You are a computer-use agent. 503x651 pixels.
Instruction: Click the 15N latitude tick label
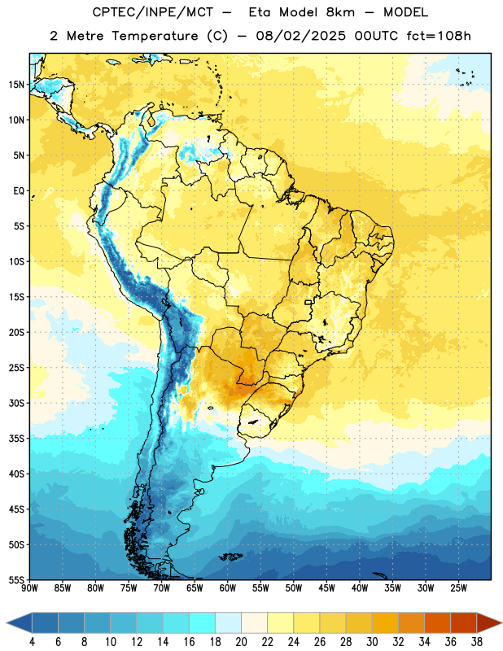pyautogui.click(x=16, y=85)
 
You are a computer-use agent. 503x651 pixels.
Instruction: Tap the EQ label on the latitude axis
pyautogui.click(x=19, y=191)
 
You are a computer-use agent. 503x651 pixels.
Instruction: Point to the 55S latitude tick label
pyautogui.click(x=16, y=579)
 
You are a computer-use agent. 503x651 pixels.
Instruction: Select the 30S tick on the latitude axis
pyautogui.click(x=16, y=403)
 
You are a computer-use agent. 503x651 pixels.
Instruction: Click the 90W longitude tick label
pyautogui.click(x=29, y=588)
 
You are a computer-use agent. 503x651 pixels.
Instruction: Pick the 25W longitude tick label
pyautogui.click(x=458, y=588)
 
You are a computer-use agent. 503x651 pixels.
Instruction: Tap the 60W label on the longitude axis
pyautogui.click(x=228, y=588)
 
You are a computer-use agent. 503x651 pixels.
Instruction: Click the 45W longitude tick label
pyautogui.click(x=327, y=588)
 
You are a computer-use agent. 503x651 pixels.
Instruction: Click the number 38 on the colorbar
pyautogui.click(x=477, y=642)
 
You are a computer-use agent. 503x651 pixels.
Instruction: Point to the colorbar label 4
pyautogui.click(x=32, y=642)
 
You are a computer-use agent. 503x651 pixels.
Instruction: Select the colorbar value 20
pyautogui.click(x=241, y=642)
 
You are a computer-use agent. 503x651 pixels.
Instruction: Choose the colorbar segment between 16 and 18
pyautogui.click(x=202, y=623)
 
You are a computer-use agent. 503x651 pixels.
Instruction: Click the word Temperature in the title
pyautogui.click(x=155, y=36)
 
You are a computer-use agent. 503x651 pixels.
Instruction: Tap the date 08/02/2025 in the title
pyautogui.click(x=300, y=36)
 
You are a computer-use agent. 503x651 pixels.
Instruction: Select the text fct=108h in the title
pyautogui.click(x=439, y=36)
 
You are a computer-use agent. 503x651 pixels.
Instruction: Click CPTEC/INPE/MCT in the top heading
pyautogui.click(x=153, y=12)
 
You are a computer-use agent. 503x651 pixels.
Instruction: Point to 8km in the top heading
pyautogui.click(x=340, y=12)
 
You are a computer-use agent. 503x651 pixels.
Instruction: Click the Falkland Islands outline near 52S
pyautogui.click(x=230, y=557)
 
